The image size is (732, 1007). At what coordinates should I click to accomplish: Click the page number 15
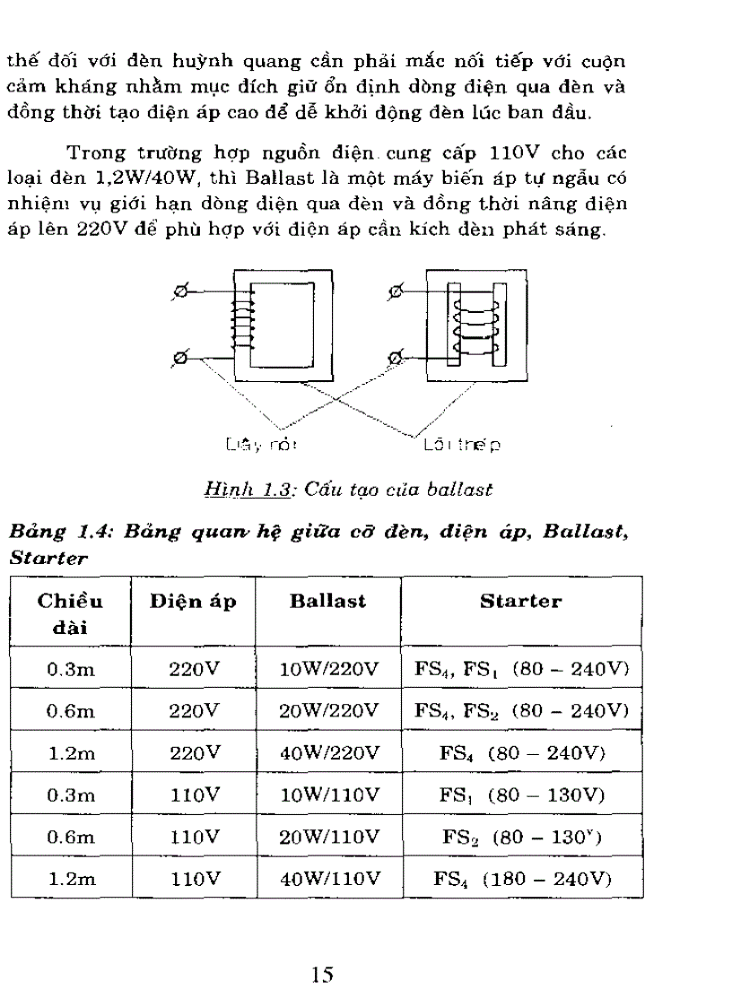coord(323,975)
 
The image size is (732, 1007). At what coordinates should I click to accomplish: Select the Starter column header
coord(520,602)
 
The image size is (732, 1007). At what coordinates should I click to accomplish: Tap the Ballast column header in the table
coord(327,602)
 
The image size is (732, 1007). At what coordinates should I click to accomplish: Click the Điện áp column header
coord(193,602)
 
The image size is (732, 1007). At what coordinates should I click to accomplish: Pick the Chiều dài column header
coord(71,613)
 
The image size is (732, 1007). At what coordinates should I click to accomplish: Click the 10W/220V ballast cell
coord(329,668)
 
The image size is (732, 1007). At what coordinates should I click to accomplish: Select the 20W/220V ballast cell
coord(329,710)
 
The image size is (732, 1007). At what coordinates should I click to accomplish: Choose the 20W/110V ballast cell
coord(329,838)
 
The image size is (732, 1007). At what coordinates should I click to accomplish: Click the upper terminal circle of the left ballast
coord(180,291)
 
